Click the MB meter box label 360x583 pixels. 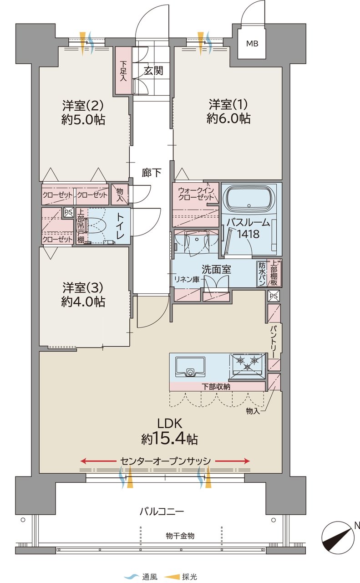coord(252,43)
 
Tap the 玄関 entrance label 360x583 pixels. coord(154,71)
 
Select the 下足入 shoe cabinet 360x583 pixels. coord(123,71)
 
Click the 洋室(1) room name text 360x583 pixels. coord(228,105)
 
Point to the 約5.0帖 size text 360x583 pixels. coord(83,120)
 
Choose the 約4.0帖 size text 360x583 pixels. coord(83,302)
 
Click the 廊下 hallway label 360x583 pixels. coord(152,173)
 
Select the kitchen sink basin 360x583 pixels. coord(190,367)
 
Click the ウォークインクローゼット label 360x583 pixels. coord(196,194)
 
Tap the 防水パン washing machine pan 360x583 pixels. coord(262,274)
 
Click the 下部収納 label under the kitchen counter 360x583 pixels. coord(216,387)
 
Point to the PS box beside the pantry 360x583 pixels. coord(274,296)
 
